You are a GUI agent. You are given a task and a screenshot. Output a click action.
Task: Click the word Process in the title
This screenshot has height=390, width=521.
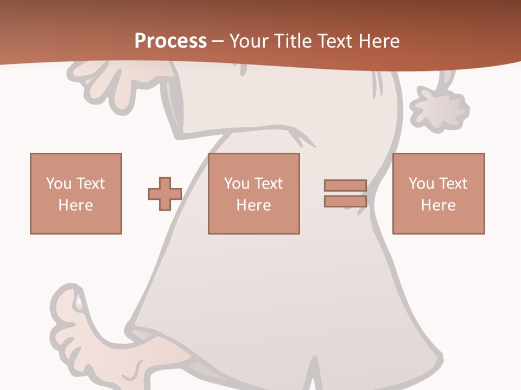click(170, 41)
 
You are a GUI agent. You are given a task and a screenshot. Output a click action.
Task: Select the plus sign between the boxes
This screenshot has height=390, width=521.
click(165, 194)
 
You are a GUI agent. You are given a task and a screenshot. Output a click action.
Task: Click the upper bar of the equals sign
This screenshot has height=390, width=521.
click(345, 185)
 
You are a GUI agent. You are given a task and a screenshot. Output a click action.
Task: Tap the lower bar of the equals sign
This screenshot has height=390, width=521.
click(345, 201)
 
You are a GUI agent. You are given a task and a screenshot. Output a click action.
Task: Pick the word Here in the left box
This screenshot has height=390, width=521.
click(75, 205)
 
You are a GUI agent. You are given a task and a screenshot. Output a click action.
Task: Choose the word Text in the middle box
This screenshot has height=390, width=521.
click(268, 184)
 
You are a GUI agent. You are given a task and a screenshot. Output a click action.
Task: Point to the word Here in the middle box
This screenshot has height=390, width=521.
click(253, 205)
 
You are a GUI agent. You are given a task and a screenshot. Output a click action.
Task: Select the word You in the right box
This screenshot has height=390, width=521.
click(422, 184)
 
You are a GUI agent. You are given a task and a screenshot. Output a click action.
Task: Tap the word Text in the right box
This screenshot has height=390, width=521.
click(452, 184)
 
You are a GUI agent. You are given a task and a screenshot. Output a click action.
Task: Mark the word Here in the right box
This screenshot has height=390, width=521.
click(438, 205)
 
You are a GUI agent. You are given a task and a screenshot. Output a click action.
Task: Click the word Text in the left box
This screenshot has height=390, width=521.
click(90, 184)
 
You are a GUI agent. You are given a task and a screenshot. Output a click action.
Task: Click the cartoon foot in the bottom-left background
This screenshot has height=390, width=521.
click(76, 336)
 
